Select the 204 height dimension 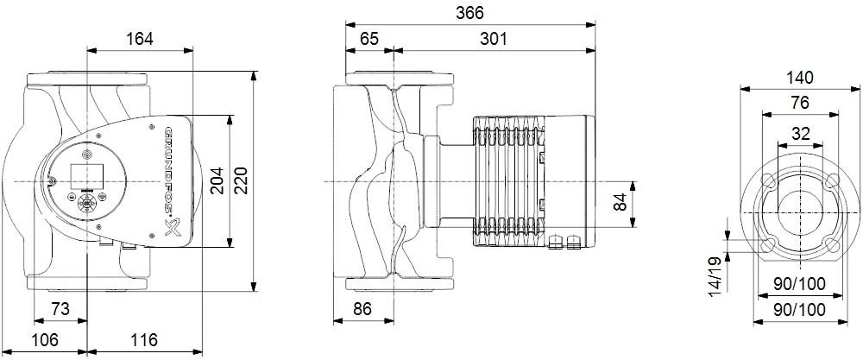point(217,180)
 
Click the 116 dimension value point(143,340)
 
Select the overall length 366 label point(470,13)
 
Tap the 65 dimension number point(369,39)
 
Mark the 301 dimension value point(493,39)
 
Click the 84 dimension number point(620,204)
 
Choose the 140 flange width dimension point(801,77)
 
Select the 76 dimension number point(800,102)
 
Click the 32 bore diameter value point(800,134)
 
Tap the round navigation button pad point(85,204)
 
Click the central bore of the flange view point(800,208)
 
